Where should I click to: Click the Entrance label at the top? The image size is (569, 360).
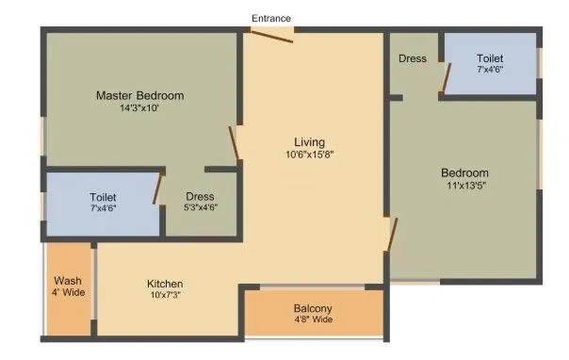(271, 18)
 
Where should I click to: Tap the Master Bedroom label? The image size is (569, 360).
(139, 95)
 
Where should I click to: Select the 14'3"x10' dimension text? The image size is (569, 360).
(139, 109)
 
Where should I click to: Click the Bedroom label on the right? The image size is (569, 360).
(465, 172)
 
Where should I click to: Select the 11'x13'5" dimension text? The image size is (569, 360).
(465, 186)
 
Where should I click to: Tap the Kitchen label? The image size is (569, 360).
(164, 284)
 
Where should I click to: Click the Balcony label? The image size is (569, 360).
(313, 308)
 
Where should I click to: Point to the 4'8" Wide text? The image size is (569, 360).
(313, 320)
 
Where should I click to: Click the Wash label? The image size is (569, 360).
(67, 281)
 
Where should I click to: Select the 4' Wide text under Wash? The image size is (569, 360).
(67, 294)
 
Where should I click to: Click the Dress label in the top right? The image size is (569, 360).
(412, 58)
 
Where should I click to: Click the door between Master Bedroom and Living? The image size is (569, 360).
(235, 143)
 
